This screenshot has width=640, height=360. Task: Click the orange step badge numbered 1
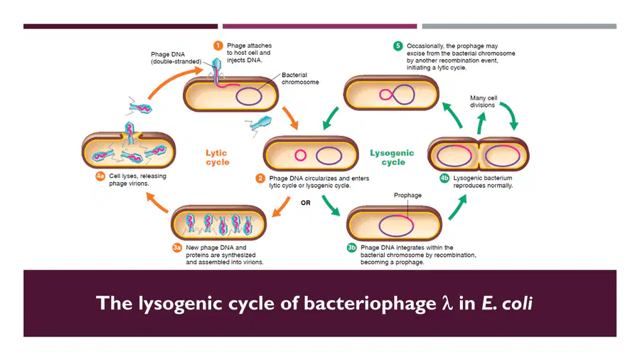pos(218,46)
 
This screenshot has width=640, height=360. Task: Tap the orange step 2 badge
pos(260,179)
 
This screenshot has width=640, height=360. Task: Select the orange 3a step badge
pos(177,248)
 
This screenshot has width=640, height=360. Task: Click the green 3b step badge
pos(351,248)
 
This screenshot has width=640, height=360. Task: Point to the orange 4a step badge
pos(100,176)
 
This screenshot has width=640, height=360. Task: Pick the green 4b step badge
pos(444,178)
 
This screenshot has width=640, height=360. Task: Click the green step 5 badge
pos(398,46)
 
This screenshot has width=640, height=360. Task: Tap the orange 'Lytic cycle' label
pos(217,157)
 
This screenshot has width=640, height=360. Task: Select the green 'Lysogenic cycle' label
pos(393,157)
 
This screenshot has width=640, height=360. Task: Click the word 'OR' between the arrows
pos(306,203)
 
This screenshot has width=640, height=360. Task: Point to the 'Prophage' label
pos(407,196)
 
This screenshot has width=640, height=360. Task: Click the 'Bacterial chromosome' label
pos(300,78)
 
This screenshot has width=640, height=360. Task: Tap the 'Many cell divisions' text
pos(484,101)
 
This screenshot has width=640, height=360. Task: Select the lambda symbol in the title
pos(447,303)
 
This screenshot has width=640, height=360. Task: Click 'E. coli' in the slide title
pos(507,303)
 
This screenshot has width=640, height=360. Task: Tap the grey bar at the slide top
pos(519,26)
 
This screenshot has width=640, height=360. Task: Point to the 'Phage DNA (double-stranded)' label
pos(176,58)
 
